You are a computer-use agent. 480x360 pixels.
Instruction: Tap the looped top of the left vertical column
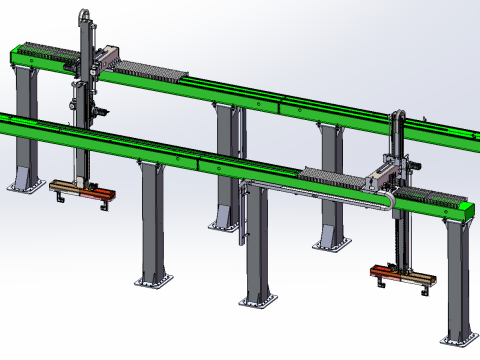click(x=85, y=16)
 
